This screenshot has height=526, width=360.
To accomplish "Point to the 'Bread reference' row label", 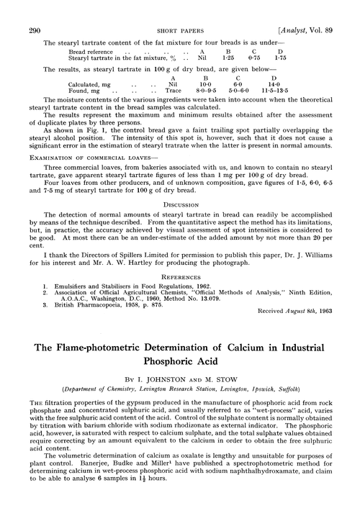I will point(89,32).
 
